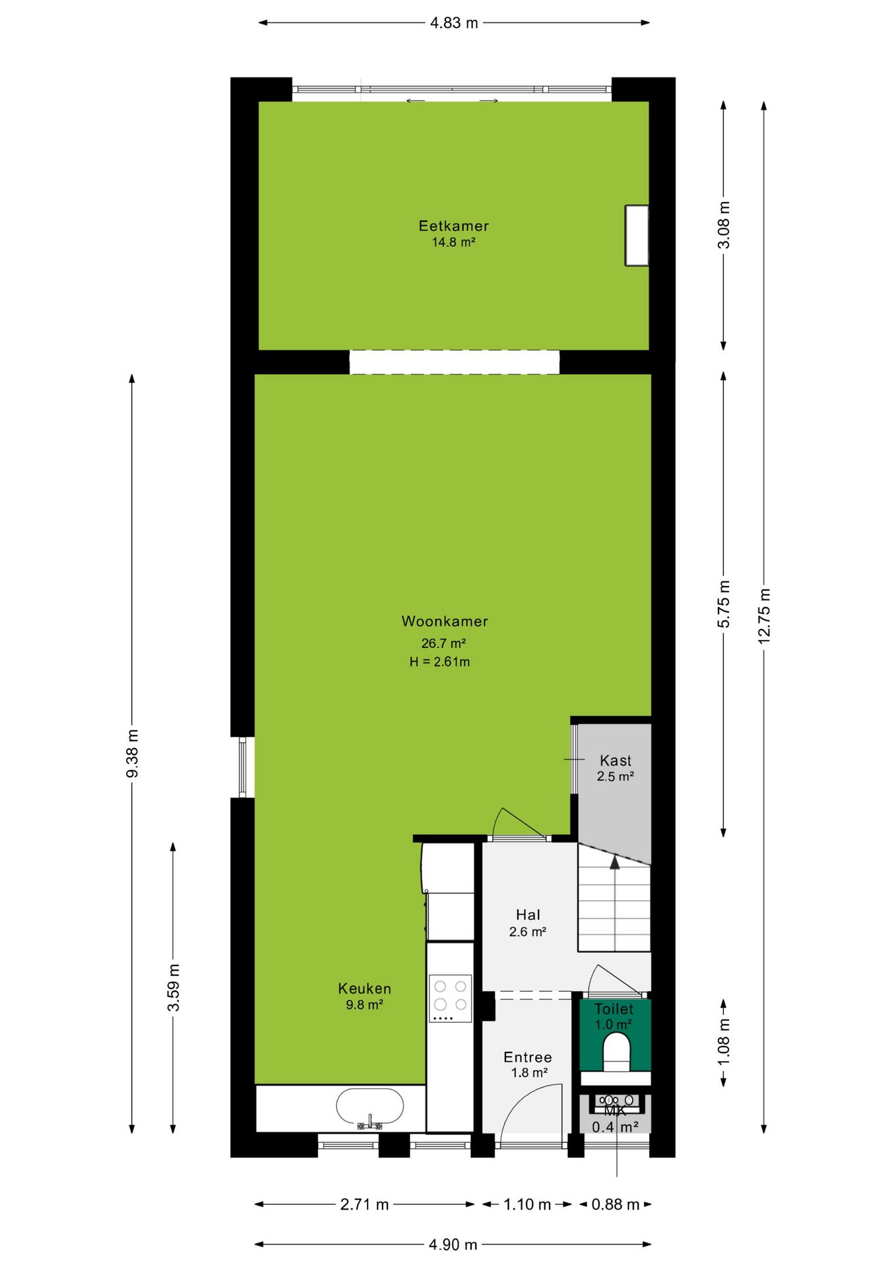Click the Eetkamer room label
click(454, 226)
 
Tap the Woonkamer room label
click(445, 621)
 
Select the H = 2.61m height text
click(439, 662)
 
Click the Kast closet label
click(616, 760)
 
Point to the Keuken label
click(365, 989)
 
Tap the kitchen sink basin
click(369, 1107)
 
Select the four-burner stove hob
click(450, 998)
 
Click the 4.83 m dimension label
click(454, 23)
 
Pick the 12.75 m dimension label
click(764, 616)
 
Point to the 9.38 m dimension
click(132, 753)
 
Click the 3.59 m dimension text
click(173, 987)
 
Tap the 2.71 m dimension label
click(364, 1204)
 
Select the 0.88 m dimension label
click(616, 1204)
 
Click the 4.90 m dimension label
click(453, 1245)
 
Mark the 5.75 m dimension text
click(724, 604)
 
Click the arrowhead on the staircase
click(615, 862)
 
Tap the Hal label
click(528, 915)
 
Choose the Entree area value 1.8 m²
click(529, 1073)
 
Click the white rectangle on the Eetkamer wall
click(637, 236)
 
